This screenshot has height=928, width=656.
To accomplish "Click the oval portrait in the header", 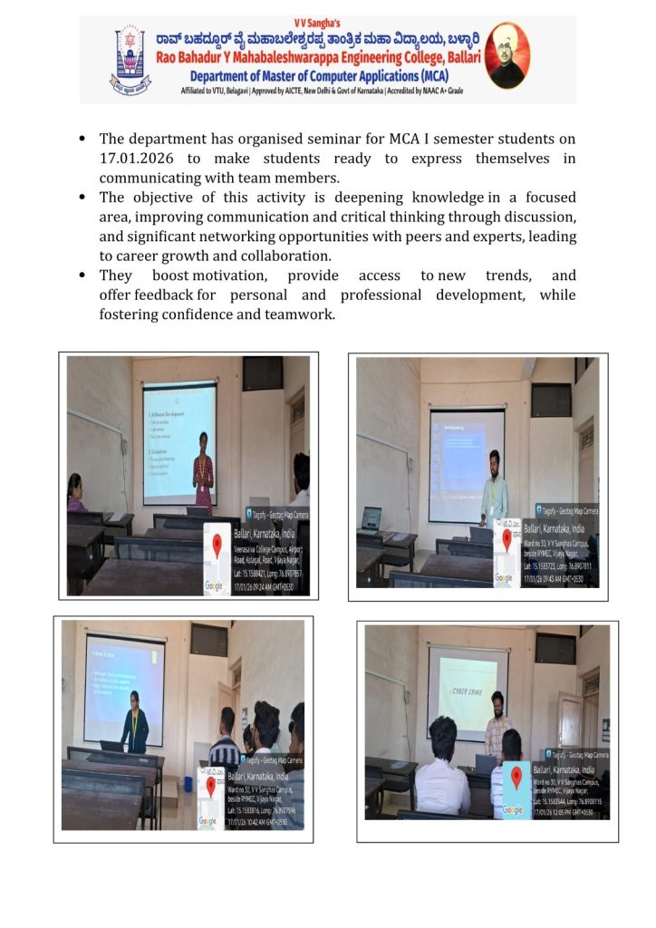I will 507,56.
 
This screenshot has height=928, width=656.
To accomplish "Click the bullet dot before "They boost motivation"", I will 82,275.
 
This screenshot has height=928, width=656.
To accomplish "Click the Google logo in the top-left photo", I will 216,586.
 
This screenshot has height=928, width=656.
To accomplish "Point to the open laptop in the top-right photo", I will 371,518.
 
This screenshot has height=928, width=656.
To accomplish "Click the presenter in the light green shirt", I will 494,489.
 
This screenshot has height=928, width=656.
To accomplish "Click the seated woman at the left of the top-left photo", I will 77,494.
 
